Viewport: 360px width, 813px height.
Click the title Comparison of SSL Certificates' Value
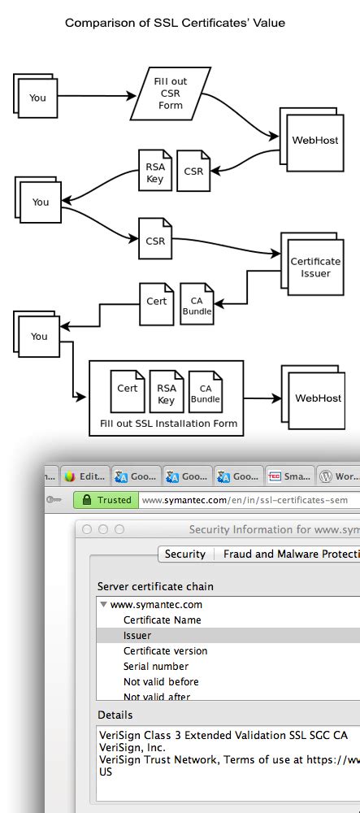point(175,23)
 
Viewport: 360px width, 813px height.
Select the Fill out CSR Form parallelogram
point(171,94)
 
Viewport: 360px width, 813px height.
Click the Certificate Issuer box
point(315,267)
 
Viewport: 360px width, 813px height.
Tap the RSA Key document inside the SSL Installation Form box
point(166,394)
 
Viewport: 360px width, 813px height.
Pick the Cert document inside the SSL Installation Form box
point(128,389)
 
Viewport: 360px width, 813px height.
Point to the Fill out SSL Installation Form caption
point(168,424)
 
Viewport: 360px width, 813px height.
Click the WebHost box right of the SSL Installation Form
point(318,398)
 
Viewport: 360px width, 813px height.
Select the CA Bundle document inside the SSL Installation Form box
point(205,394)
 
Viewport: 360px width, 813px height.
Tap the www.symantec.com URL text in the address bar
point(244,500)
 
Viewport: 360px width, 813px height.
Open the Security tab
point(184,554)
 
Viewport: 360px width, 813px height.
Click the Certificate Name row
point(162,620)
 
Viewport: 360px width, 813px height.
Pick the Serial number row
point(157,666)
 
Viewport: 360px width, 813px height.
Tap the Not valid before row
point(161,681)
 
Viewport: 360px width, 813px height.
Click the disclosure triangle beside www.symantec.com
point(103,604)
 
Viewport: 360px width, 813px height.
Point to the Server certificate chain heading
point(155,586)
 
